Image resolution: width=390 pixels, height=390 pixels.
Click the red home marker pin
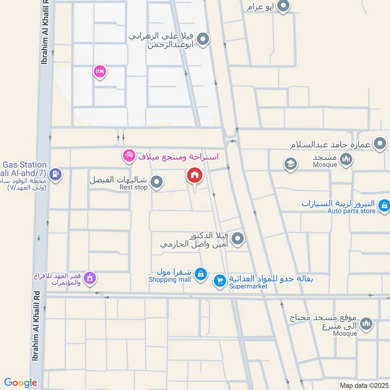click(195, 175)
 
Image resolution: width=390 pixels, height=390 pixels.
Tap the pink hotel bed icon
click(99, 72)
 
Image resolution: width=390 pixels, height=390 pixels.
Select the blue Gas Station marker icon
click(56, 174)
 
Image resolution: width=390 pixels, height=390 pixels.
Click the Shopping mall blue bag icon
click(200, 275)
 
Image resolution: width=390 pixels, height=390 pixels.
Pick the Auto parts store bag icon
click(384, 205)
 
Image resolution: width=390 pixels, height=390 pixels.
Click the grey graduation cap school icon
click(291, 164)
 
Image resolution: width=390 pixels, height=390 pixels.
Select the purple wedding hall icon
click(89, 278)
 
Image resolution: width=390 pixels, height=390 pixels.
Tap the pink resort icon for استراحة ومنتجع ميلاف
click(129, 156)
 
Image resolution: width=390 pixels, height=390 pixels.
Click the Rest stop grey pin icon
click(156, 183)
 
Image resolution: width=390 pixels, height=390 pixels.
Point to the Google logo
click(20, 383)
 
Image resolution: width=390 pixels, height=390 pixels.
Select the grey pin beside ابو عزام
click(283, 6)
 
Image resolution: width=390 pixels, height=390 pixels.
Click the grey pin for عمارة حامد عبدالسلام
click(380, 144)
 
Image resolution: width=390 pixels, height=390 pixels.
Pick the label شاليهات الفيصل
click(118, 179)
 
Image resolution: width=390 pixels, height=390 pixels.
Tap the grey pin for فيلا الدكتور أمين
click(237, 238)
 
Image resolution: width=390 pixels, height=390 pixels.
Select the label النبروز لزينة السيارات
click(338, 203)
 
